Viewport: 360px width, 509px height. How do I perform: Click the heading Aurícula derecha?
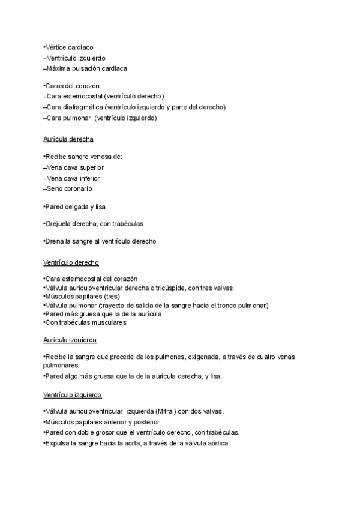tap(68, 139)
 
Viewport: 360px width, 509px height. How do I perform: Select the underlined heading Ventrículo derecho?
tap(71, 262)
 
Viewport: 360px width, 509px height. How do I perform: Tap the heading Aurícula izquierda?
tap(70, 340)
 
